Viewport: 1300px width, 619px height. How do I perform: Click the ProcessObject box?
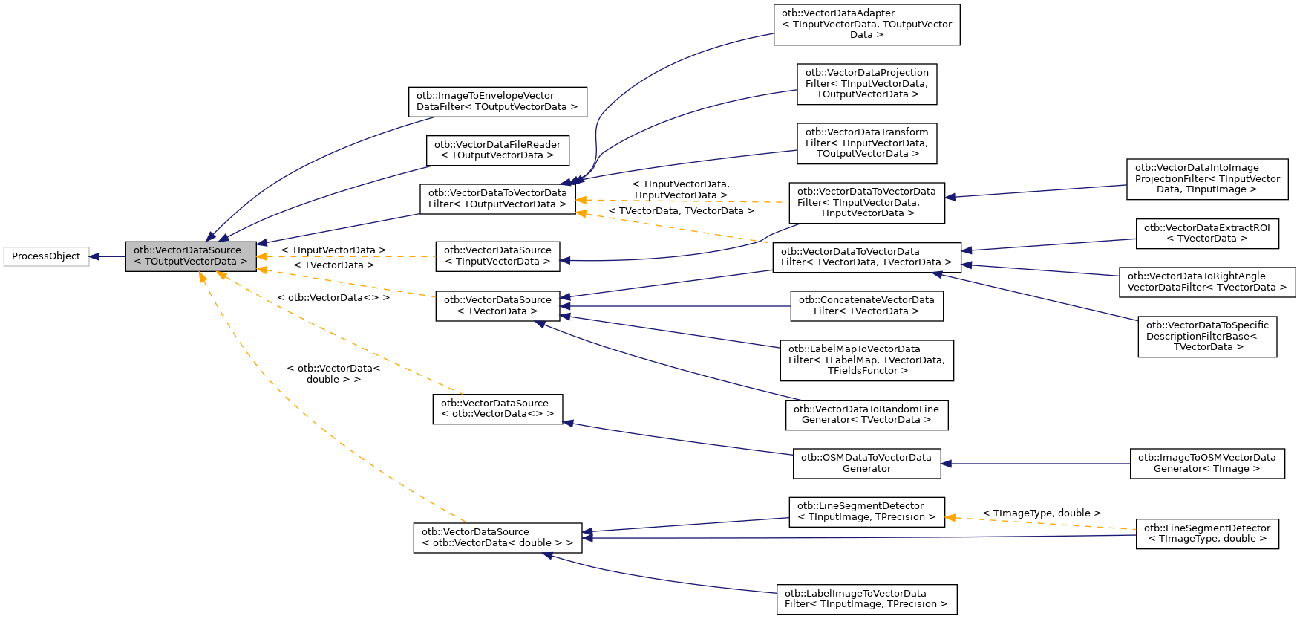tap(46, 256)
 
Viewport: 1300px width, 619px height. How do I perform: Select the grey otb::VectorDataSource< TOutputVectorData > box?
tap(190, 256)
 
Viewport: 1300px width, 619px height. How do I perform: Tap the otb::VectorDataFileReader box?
tap(497, 150)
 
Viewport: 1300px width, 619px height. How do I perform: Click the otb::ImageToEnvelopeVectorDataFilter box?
tap(497, 102)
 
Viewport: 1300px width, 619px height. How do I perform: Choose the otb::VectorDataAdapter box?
tap(866, 25)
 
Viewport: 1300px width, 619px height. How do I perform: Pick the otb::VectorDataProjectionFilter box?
tap(866, 84)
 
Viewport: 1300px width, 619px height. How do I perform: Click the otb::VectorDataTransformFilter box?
tap(866, 143)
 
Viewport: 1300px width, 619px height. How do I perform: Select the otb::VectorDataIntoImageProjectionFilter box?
tap(1206, 179)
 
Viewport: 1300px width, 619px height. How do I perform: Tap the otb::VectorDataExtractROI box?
tap(1206, 233)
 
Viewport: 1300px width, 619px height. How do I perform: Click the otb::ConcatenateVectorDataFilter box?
tap(866, 306)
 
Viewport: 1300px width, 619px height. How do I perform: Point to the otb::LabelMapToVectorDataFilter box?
tap(866, 360)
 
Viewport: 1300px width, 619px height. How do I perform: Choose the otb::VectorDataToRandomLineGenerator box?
tap(866, 415)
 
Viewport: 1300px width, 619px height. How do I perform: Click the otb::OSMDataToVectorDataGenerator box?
tap(866, 464)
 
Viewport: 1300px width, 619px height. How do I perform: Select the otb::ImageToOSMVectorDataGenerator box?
tap(1206, 464)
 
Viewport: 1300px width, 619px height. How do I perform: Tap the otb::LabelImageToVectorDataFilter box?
tap(866, 599)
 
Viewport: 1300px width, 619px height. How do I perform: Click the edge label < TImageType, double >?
tap(1041, 513)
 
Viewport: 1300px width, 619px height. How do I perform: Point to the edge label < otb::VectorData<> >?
tap(333, 298)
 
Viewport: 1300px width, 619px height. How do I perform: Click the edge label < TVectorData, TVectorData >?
tap(681, 211)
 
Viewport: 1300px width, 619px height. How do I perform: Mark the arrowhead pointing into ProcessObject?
tap(95, 257)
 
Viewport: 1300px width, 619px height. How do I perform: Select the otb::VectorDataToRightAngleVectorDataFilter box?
tap(1206, 282)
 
